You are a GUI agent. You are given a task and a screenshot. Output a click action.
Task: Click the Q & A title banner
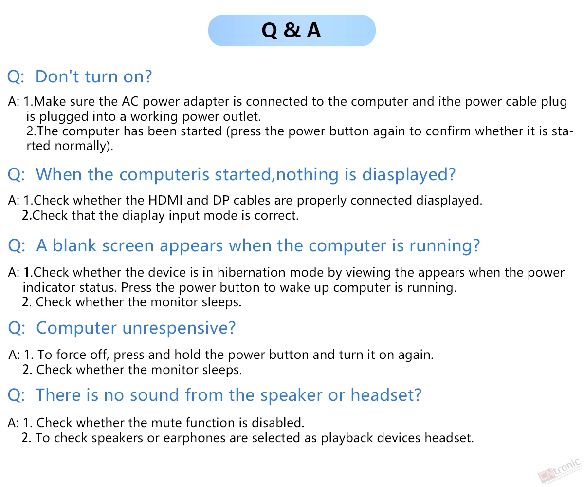(x=292, y=30)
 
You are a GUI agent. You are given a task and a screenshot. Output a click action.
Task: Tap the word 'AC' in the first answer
(x=130, y=101)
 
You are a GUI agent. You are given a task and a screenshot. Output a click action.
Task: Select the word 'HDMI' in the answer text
(x=165, y=200)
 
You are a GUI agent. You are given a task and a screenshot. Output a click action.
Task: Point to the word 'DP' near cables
(x=221, y=200)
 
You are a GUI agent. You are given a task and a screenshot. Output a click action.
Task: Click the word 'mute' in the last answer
(x=166, y=423)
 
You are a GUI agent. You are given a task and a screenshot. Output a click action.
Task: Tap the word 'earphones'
(x=194, y=438)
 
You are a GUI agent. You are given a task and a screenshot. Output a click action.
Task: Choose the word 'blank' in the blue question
(x=74, y=245)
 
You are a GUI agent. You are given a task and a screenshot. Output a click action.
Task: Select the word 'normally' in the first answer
(x=81, y=146)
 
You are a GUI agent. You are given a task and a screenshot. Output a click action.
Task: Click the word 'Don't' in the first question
(x=57, y=76)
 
